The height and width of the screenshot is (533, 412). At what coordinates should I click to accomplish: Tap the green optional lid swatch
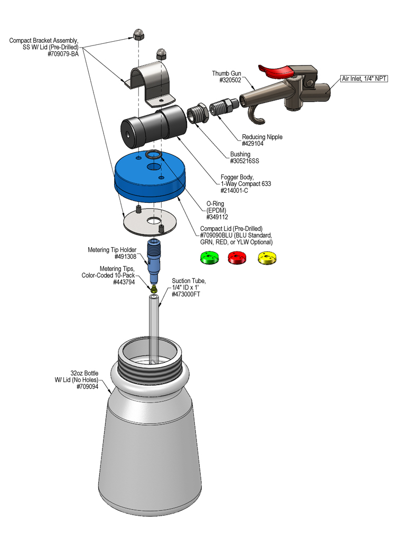pyautogui.click(x=209, y=257)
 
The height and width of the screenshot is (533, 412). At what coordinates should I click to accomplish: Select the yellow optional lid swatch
pyautogui.click(x=267, y=257)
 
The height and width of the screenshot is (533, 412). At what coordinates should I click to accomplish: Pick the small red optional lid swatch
pyautogui.click(x=237, y=257)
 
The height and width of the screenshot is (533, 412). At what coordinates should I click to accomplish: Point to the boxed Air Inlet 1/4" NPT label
pyautogui.click(x=364, y=79)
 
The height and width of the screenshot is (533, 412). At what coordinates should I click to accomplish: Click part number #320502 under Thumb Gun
pyautogui.click(x=230, y=80)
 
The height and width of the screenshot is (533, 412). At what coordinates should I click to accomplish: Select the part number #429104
pyautogui.click(x=254, y=144)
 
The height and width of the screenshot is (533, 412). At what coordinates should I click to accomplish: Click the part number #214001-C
pyautogui.click(x=234, y=190)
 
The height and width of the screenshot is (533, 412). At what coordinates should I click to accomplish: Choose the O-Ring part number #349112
pyautogui.click(x=217, y=217)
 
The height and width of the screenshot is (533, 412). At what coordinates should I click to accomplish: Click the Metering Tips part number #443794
pyautogui.click(x=126, y=283)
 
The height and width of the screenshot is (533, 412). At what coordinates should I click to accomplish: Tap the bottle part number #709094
pyautogui.click(x=88, y=387)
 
